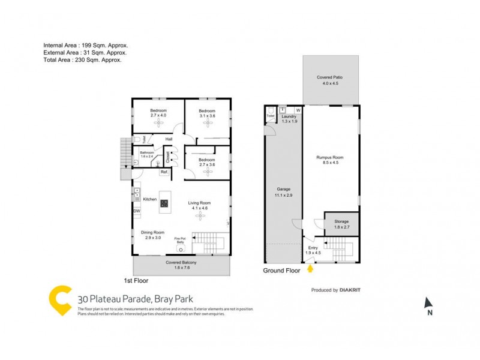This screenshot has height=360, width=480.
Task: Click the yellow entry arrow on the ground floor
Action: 310,269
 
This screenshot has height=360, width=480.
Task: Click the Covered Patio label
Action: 331,80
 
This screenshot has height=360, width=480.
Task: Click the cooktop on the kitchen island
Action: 164,203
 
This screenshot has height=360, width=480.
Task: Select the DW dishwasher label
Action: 137,211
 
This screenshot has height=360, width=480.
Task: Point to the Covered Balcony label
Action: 181,265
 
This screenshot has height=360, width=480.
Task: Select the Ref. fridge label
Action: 164,172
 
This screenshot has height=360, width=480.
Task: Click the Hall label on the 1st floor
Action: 169,139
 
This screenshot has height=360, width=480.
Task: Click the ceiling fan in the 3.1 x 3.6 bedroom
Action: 207,122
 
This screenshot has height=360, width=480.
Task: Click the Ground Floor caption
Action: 281,271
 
